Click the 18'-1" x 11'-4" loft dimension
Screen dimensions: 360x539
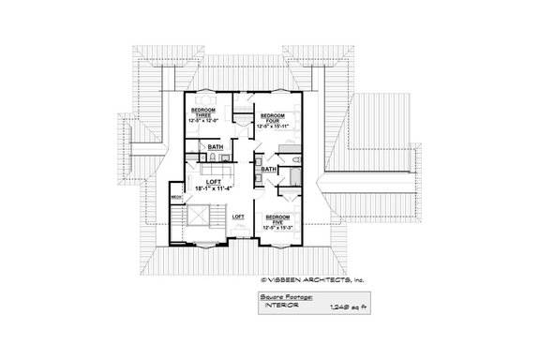point(216,187)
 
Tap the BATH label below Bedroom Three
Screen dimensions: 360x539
point(216,148)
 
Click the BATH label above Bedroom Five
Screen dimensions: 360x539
point(269,170)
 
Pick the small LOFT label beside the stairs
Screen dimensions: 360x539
point(238,217)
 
